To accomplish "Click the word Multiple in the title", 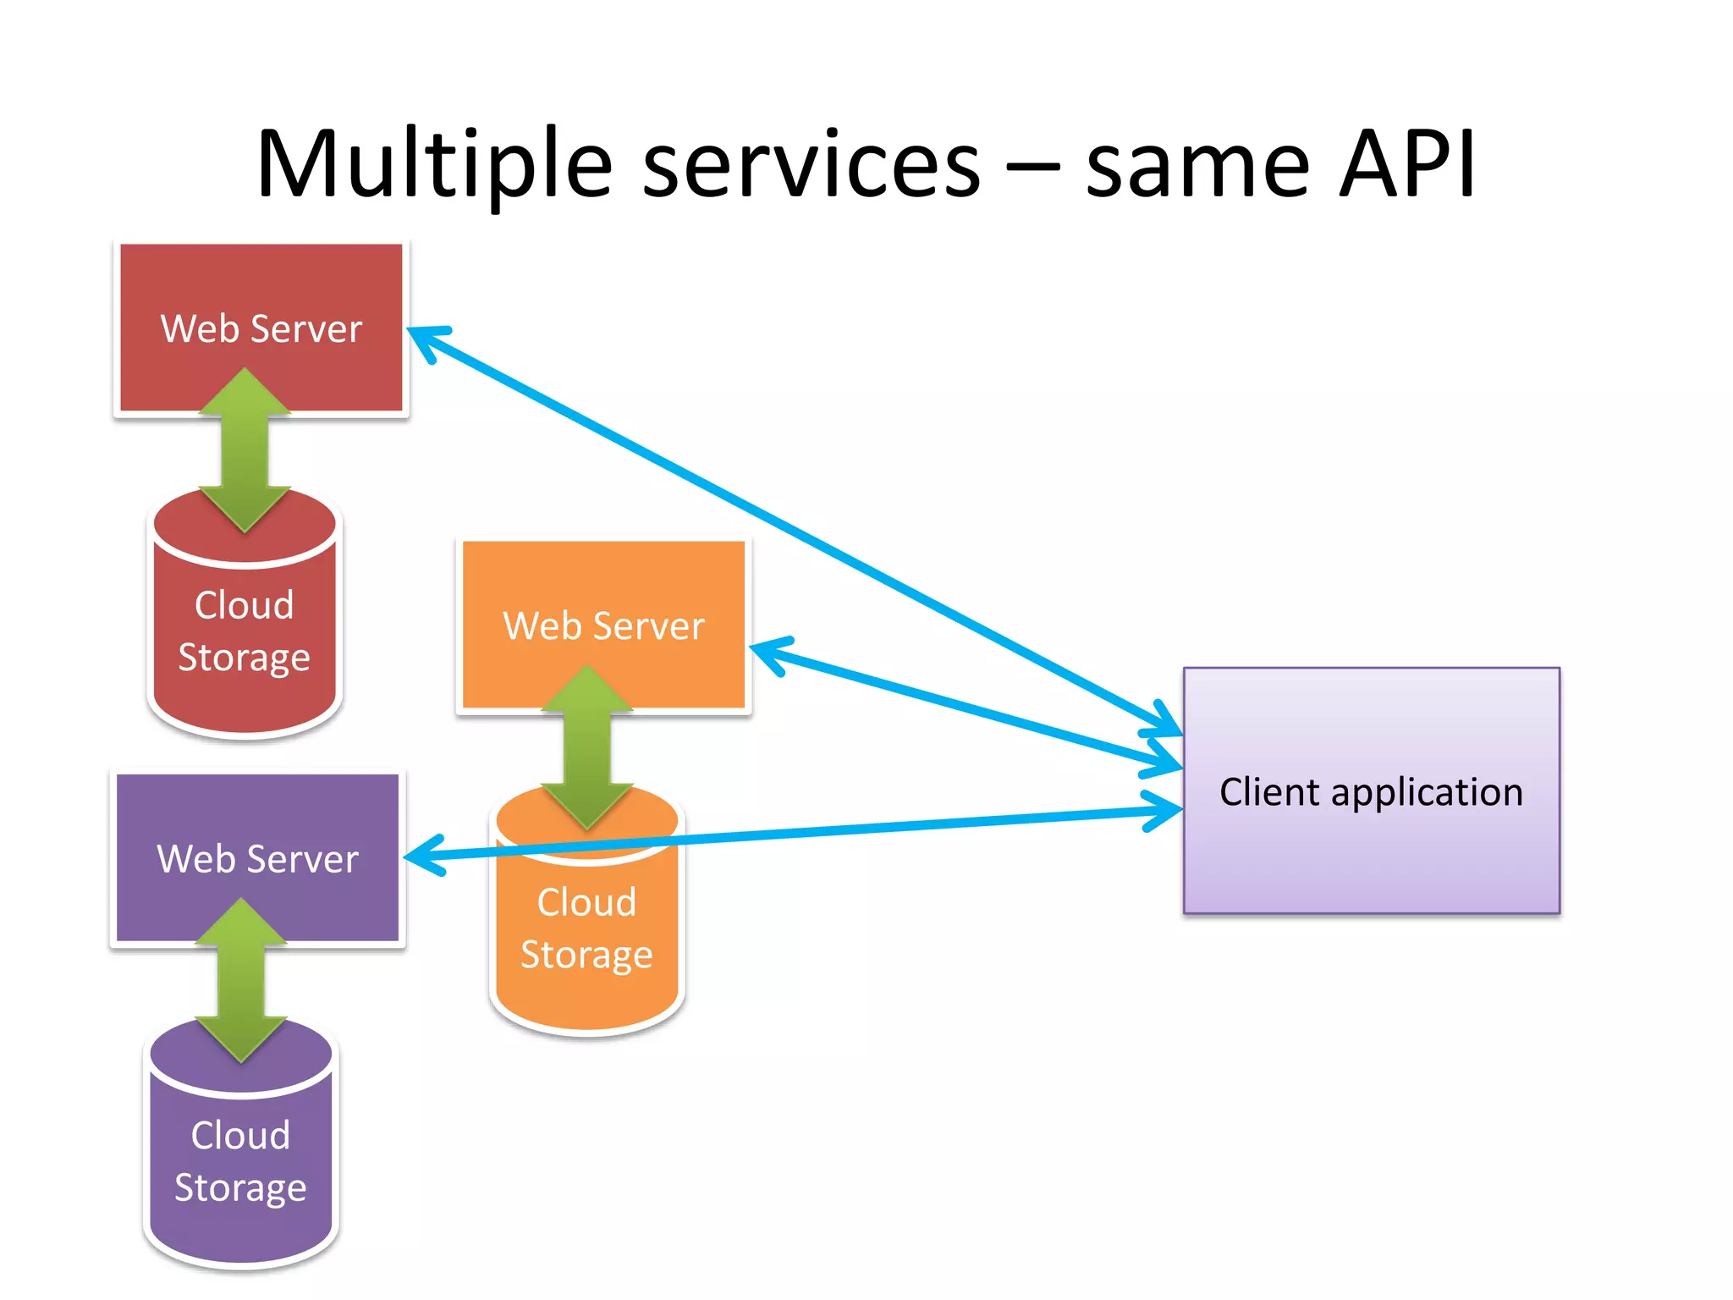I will click(434, 165).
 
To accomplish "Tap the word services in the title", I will click(811, 165).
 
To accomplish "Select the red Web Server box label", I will click(261, 328).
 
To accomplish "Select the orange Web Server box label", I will click(603, 626).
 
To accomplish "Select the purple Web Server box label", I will click(258, 859).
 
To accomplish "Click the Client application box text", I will click(1371, 792).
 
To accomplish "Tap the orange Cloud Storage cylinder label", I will click(586, 928).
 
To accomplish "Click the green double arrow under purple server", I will click(241, 980).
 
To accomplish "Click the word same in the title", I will click(1197, 165).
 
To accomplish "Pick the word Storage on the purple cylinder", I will click(240, 1187).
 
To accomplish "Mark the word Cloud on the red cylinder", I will click(245, 605).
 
